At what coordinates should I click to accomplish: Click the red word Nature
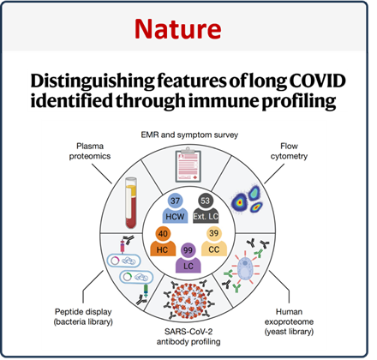[177, 29]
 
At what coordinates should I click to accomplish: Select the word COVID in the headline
[317, 81]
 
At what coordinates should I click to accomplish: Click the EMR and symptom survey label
[189, 135]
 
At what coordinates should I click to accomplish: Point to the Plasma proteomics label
[90, 151]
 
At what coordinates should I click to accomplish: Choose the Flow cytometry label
[289, 151]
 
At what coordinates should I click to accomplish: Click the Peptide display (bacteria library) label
[83, 316]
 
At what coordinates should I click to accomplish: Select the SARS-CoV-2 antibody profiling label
[188, 337]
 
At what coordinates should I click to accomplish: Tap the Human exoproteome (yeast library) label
[289, 321]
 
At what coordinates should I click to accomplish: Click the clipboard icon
[188, 165]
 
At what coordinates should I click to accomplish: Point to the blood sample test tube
[131, 203]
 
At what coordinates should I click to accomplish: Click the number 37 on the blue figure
[175, 201]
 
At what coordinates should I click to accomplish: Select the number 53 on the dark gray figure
[205, 201]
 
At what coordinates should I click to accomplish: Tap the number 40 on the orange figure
[163, 234]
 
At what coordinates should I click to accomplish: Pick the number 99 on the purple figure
[188, 250]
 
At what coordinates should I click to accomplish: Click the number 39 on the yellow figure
[214, 233]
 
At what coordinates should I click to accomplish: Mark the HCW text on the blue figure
[175, 217]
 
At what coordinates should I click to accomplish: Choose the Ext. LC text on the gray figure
[206, 217]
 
